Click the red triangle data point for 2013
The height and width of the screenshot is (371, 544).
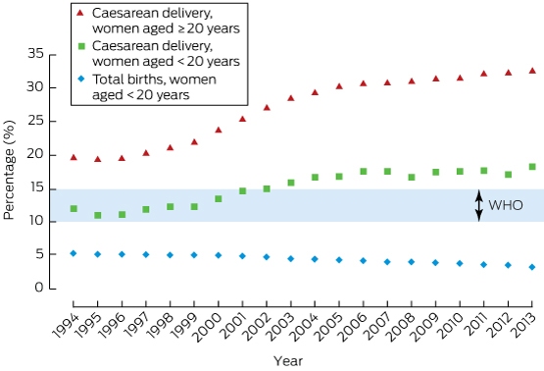(x=532, y=71)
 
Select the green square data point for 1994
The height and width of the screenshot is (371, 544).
(x=74, y=209)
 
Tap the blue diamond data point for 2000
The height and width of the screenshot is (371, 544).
(x=219, y=255)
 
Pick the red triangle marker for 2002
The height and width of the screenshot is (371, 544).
(x=267, y=108)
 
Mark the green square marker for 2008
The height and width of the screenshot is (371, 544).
(x=412, y=178)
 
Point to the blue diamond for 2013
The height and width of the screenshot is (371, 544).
(x=532, y=267)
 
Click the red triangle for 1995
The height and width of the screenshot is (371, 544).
(x=98, y=159)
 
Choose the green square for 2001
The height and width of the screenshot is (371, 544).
(x=242, y=191)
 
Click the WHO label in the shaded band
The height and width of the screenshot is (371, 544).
(x=506, y=205)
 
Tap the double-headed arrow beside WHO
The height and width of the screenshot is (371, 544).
(x=479, y=205)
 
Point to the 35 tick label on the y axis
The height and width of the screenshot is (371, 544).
(x=36, y=54)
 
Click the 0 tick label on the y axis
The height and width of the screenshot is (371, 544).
(x=39, y=288)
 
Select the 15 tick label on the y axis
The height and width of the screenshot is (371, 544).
(x=37, y=187)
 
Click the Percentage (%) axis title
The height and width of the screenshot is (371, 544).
(x=10, y=170)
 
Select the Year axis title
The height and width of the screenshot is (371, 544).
(x=288, y=361)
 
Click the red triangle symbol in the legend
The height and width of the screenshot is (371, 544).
(x=80, y=13)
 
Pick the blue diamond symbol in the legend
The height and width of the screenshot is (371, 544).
(x=81, y=79)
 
